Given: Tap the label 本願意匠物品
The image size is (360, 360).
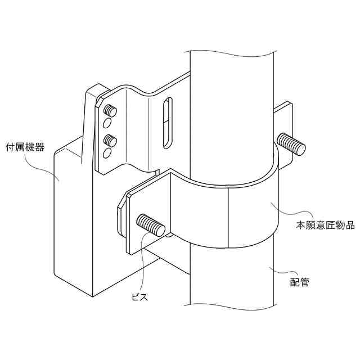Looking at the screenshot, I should pyautogui.click(x=325, y=226).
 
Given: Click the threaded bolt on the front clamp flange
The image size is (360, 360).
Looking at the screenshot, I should pyautogui.click(x=151, y=225).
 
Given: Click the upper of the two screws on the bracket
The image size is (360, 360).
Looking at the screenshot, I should pyautogui.click(x=111, y=110).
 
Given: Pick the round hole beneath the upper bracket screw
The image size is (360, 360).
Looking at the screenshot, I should pyautogui.click(x=107, y=123).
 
